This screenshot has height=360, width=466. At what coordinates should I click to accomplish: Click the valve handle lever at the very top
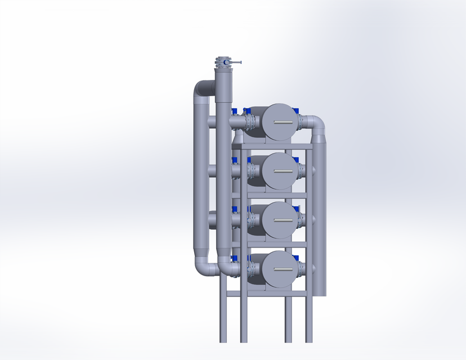236,62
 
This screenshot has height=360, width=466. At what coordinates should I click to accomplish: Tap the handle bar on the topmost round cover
280,122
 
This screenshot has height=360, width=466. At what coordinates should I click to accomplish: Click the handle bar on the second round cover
280,172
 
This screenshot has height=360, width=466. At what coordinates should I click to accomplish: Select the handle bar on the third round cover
280,220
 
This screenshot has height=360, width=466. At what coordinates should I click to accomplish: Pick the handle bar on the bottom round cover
280,269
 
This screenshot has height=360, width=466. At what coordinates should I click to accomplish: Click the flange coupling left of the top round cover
248,121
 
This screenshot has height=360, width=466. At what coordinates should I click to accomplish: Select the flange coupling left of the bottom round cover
248,269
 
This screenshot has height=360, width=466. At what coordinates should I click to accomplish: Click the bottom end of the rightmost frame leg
309,340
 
